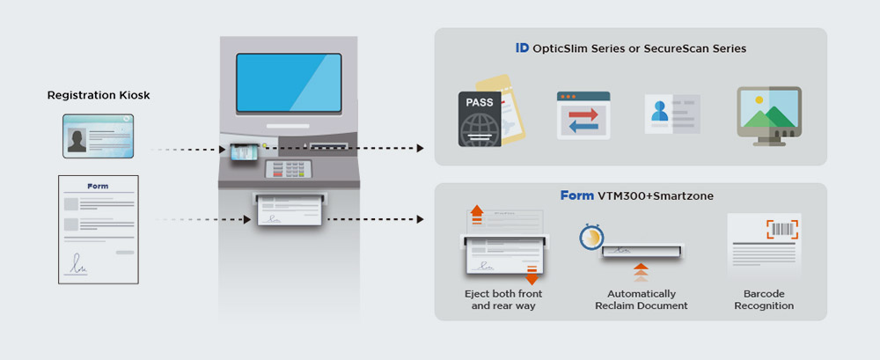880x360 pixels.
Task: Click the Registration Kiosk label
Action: [99, 95]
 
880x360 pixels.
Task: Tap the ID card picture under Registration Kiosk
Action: [98, 136]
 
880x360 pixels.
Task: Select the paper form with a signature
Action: [99, 229]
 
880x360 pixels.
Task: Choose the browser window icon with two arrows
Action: [583, 115]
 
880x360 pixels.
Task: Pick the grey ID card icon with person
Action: [671, 115]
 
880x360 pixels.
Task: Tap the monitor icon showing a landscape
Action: [768, 114]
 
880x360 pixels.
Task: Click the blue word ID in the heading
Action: [522, 48]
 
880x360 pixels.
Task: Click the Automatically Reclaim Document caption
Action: [642, 299]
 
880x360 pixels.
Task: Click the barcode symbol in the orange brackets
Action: [781, 230]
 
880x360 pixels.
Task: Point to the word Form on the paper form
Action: [98, 187]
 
